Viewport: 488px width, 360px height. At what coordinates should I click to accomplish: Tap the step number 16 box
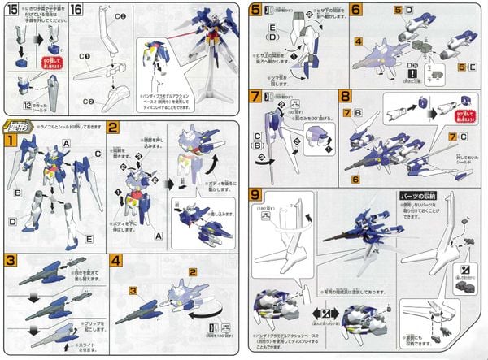[76, 11]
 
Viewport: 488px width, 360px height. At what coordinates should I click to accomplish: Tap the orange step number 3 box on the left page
[11, 261]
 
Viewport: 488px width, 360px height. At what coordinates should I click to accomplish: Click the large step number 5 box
[256, 11]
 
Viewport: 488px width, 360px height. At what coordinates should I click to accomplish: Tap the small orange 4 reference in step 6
[357, 41]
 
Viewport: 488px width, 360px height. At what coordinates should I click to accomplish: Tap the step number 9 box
[256, 194]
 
